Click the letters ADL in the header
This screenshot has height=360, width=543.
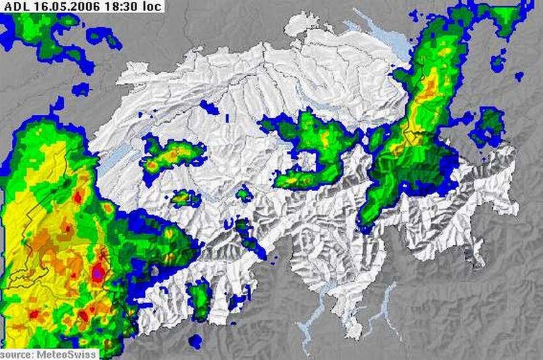click(x=16, y=7)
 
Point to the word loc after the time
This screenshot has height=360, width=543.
click(x=151, y=7)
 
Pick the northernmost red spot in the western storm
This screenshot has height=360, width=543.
click(x=78, y=197)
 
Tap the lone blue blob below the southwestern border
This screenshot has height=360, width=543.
click(x=195, y=341)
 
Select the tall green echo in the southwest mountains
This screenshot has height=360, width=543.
click(x=200, y=300)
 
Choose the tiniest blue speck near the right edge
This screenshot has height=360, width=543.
click(x=519, y=76)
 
